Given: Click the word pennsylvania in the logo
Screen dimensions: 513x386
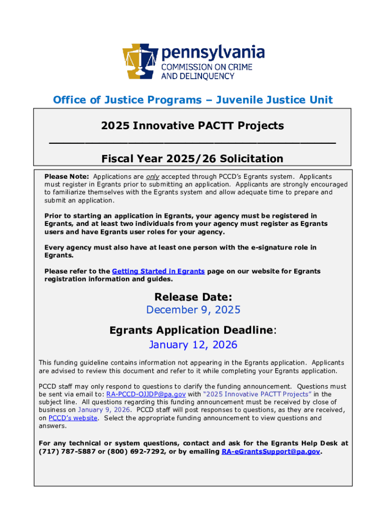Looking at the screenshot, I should coord(212,53).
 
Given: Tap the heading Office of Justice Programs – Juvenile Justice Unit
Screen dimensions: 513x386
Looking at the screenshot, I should coord(193,100).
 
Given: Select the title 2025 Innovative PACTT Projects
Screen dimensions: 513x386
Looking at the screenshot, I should coord(192,126).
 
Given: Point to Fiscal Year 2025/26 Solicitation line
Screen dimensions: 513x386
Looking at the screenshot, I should coord(192,159).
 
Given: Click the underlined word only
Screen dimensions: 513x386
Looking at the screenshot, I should coord(152,177).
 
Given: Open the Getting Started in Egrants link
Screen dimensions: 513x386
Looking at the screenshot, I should coord(158,271).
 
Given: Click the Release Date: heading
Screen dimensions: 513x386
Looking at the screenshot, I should coord(193,297).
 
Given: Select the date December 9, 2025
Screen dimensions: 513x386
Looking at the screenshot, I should coord(193,310).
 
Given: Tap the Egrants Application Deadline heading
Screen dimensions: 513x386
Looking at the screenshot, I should coord(192,331).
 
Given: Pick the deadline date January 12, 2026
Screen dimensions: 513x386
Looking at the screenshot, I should coord(193,345).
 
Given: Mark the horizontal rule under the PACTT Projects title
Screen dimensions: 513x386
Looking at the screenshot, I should coord(192,143).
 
